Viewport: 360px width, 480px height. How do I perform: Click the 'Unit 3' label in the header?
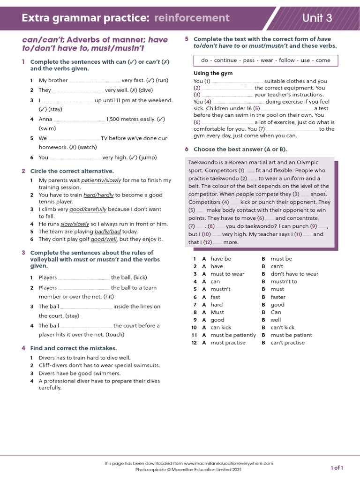317,18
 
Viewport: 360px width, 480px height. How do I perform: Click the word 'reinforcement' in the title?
192,18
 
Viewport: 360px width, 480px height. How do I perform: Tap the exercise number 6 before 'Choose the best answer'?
187,149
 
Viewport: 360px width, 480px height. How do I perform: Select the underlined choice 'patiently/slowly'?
101,180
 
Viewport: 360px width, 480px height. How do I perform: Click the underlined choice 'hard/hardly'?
99,195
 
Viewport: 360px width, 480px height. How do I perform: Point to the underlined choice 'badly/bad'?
108,232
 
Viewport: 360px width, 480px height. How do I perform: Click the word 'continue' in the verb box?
225,60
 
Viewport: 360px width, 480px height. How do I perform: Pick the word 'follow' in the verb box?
287,60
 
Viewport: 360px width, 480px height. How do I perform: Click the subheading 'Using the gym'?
213,74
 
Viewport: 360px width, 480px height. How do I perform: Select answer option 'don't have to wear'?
294,274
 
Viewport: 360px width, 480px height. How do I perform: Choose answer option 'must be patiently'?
233,335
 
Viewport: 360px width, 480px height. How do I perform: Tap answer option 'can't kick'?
283,328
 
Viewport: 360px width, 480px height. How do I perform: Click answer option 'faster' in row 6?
278,297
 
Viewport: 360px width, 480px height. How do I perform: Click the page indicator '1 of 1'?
337,468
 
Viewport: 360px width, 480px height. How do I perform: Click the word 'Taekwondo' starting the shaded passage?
202,163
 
